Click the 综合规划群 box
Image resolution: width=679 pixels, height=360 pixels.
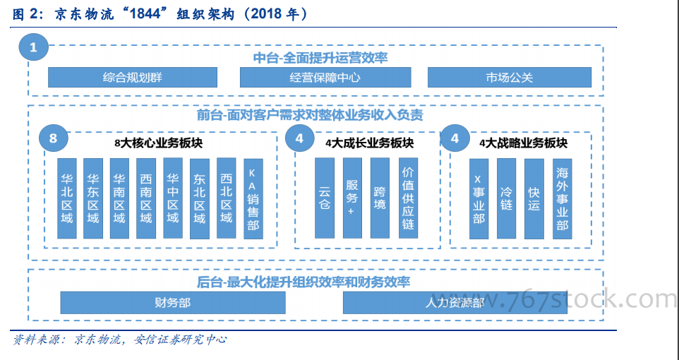pyautogui.click(x=133, y=77)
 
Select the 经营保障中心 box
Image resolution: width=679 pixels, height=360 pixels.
pyautogui.click(x=325, y=77)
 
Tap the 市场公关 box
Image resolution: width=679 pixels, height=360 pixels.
pyautogui.click(x=510, y=77)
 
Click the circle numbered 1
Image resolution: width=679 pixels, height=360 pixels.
pyautogui.click(x=33, y=47)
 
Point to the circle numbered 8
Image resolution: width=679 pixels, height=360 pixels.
pyautogui.click(x=53, y=138)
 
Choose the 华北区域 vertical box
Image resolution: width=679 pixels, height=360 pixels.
pyautogui.click(x=66, y=198)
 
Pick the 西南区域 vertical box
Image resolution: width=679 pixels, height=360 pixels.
pyautogui.click(x=146, y=198)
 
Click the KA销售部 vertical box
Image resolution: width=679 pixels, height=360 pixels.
pyautogui.click(x=253, y=198)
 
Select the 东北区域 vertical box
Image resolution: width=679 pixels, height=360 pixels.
pyautogui.click(x=200, y=198)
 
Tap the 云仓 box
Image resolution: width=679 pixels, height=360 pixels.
pyautogui.click(x=325, y=198)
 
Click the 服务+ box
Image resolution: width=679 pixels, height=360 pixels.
pyautogui.click(x=352, y=198)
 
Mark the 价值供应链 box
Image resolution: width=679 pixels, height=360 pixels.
pyautogui.click(x=408, y=198)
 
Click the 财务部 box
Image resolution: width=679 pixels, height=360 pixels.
pyautogui.click(x=173, y=302)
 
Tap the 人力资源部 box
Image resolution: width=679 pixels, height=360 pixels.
pyautogui.click(x=455, y=302)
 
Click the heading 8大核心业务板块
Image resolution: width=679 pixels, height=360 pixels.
pyautogui.click(x=159, y=143)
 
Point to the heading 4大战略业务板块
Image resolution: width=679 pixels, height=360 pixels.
pyautogui.click(x=523, y=143)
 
